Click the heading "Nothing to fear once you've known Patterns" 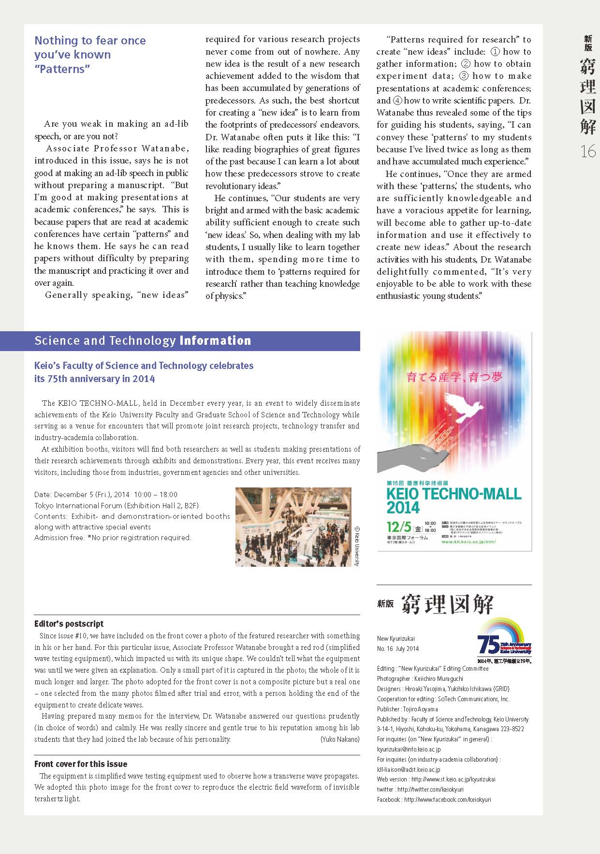click(x=90, y=55)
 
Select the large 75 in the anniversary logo click(x=488, y=644)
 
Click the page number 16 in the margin click(x=588, y=152)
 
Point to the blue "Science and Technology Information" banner click(x=192, y=341)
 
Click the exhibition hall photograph click(x=293, y=527)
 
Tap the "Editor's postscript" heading click(x=69, y=624)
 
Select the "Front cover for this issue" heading click(x=81, y=764)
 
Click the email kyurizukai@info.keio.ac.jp click(x=409, y=749)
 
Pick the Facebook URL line click(x=434, y=799)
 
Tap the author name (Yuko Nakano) click(x=339, y=739)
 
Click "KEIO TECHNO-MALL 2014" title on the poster click(x=454, y=500)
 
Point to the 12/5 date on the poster click(x=399, y=527)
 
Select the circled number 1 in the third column click(x=495, y=52)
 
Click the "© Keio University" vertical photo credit click(x=357, y=546)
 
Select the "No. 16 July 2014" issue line click(x=397, y=648)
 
